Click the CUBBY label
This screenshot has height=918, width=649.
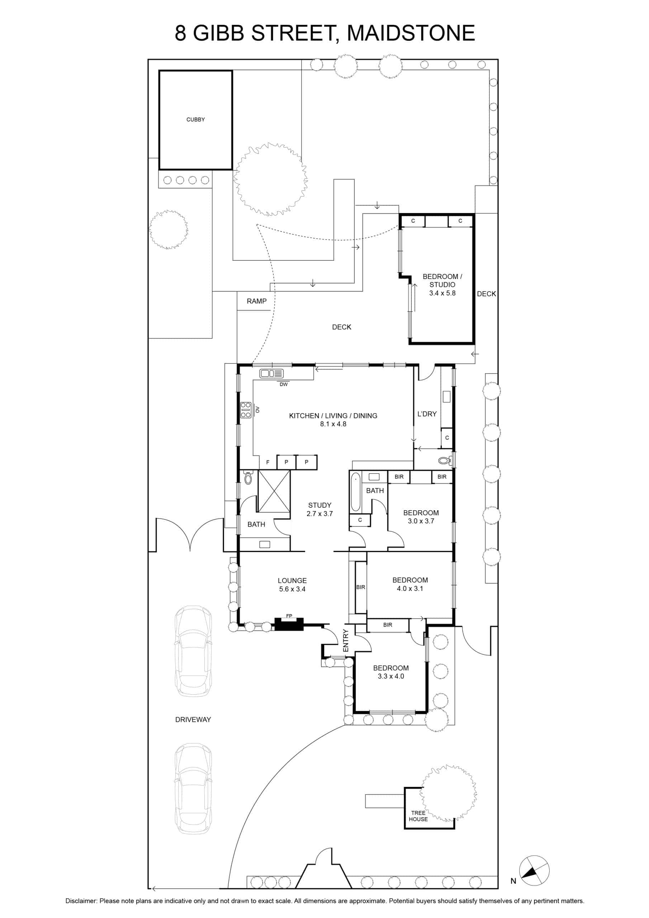pos(195,119)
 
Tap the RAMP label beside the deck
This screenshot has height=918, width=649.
pos(256,301)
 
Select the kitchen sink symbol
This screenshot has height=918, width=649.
pos(271,374)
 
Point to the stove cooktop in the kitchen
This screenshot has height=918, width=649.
pos(246,410)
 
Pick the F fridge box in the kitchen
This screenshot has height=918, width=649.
pos(268,462)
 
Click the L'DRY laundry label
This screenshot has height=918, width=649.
pos(427,414)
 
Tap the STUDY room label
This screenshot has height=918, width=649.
pos(319,505)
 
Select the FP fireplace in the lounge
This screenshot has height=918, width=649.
pos(289,624)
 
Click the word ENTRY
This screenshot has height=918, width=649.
pos(346,640)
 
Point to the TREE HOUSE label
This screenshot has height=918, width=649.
pos(418,816)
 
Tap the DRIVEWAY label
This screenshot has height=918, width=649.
pos(193,719)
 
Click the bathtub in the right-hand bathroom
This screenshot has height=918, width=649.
pos(355,492)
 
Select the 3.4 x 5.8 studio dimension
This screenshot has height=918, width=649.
pos(442,293)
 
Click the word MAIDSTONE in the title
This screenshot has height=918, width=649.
pos(411,33)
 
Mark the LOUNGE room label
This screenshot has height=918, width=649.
pos(292,581)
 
